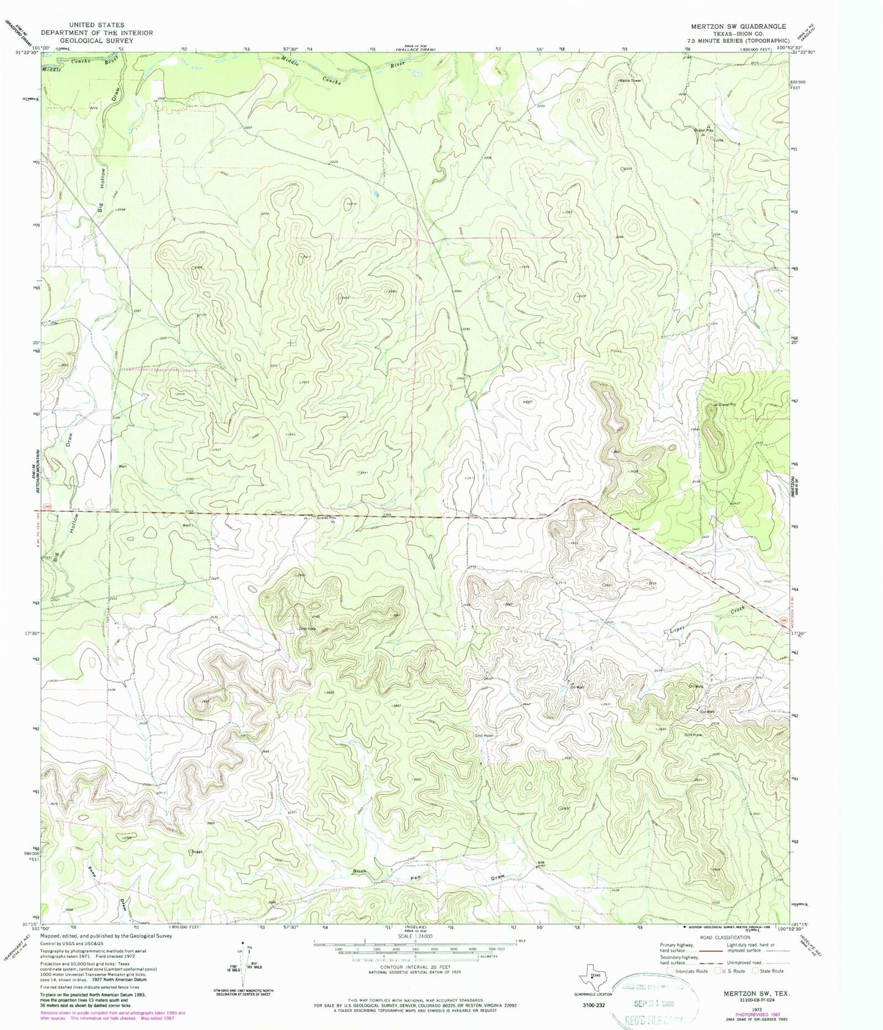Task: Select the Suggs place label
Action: pos(196,850)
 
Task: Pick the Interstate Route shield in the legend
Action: pos(672,970)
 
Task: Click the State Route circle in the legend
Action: pos(757,970)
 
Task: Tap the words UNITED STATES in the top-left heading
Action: pos(98,25)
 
